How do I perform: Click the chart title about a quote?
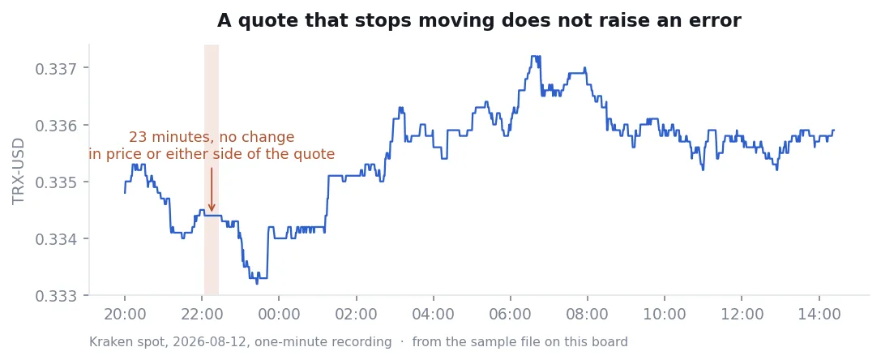coord(479,21)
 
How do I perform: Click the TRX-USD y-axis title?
coord(19,171)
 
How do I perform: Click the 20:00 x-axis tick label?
coord(125,314)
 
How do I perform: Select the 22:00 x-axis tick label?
coord(202,314)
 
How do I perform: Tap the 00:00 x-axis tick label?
coord(279,314)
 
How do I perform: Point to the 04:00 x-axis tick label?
coord(433,314)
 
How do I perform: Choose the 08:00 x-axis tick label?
coord(587,314)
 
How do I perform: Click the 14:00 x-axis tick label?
coord(819,314)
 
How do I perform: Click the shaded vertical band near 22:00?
coord(212,169)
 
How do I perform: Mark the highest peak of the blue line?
coord(534,56)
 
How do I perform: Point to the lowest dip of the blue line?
coord(258,284)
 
